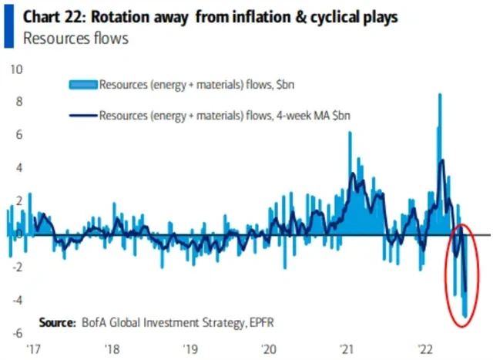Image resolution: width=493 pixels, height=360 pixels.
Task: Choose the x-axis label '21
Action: coord(347,348)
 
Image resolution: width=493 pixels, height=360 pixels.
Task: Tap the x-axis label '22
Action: coord(427,348)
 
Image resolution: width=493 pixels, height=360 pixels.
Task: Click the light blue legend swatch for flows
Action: coord(82,85)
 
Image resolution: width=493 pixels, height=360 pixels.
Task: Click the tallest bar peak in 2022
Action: coord(439,96)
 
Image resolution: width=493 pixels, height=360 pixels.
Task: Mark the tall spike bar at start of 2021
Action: coord(350,133)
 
